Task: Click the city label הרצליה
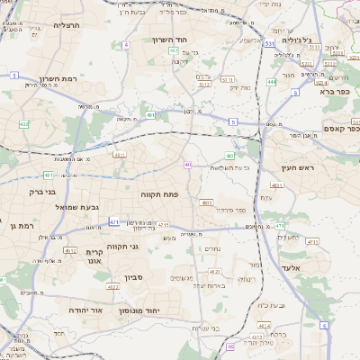tap(67, 25)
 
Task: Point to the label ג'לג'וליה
tap(296, 40)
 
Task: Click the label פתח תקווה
tap(159, 193)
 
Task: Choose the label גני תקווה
tap(121, 246)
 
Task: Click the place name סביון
tap(135, 277)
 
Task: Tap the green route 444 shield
tap(272, 82)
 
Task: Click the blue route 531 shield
tap(270, 42)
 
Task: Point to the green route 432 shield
tap(24, 124)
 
